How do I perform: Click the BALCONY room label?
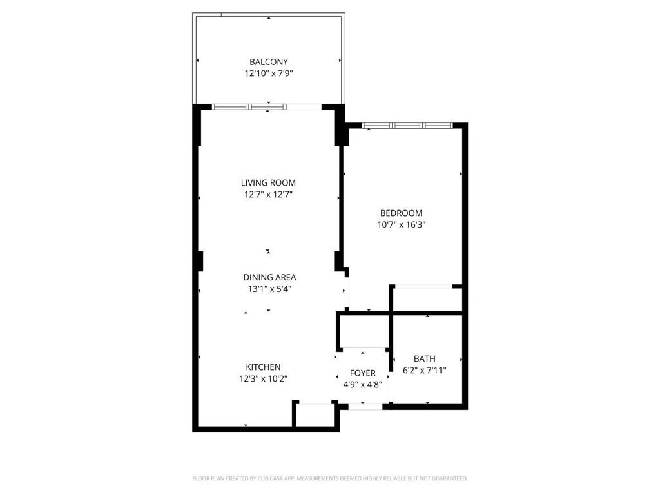(269, 63)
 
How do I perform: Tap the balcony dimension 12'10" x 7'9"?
(269, 74)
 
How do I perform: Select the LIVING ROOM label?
(268, 183)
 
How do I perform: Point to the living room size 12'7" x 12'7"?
(268, 195)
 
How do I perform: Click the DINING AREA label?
(269, 278)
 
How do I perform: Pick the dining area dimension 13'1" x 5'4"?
(269, 289)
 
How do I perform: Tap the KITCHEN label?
(263, 367)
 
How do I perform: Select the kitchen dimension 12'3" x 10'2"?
(263, 379)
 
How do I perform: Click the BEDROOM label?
(401, 213)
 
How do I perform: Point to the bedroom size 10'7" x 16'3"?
(401, 225)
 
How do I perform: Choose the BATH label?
(425, 359)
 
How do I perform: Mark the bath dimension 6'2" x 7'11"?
(425, 371)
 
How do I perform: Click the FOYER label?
(362, 373)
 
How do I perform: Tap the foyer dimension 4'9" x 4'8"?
(362, 385)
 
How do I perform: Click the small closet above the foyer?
(364, 330)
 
